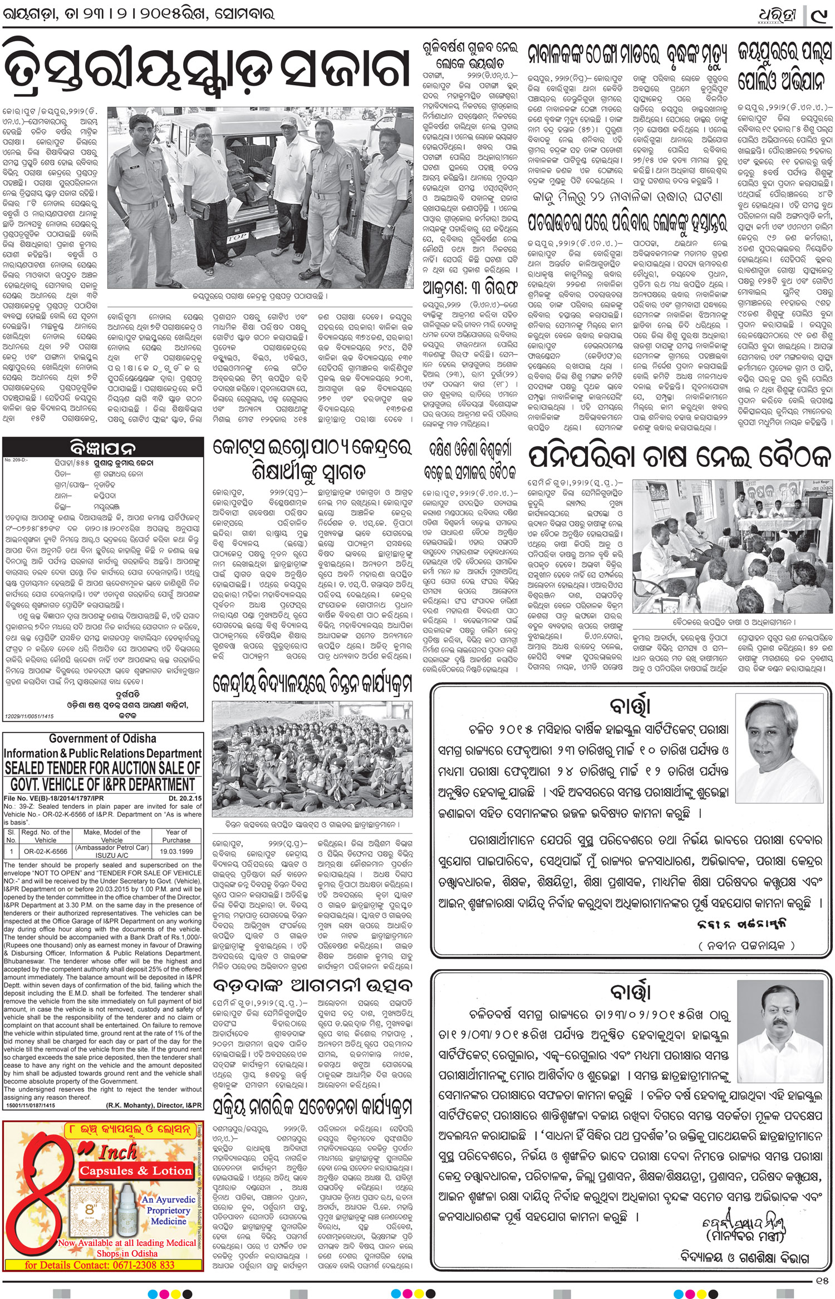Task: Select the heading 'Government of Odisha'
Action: click(x=102, y=739)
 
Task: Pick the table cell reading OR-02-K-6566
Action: click(x=45, y=852)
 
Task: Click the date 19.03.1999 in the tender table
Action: click(x=176, y=852)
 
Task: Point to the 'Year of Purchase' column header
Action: click(x=176, y=836)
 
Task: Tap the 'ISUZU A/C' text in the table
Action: click(x=112, y=856)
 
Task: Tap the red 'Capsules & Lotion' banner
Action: click(x=135, y=1170)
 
